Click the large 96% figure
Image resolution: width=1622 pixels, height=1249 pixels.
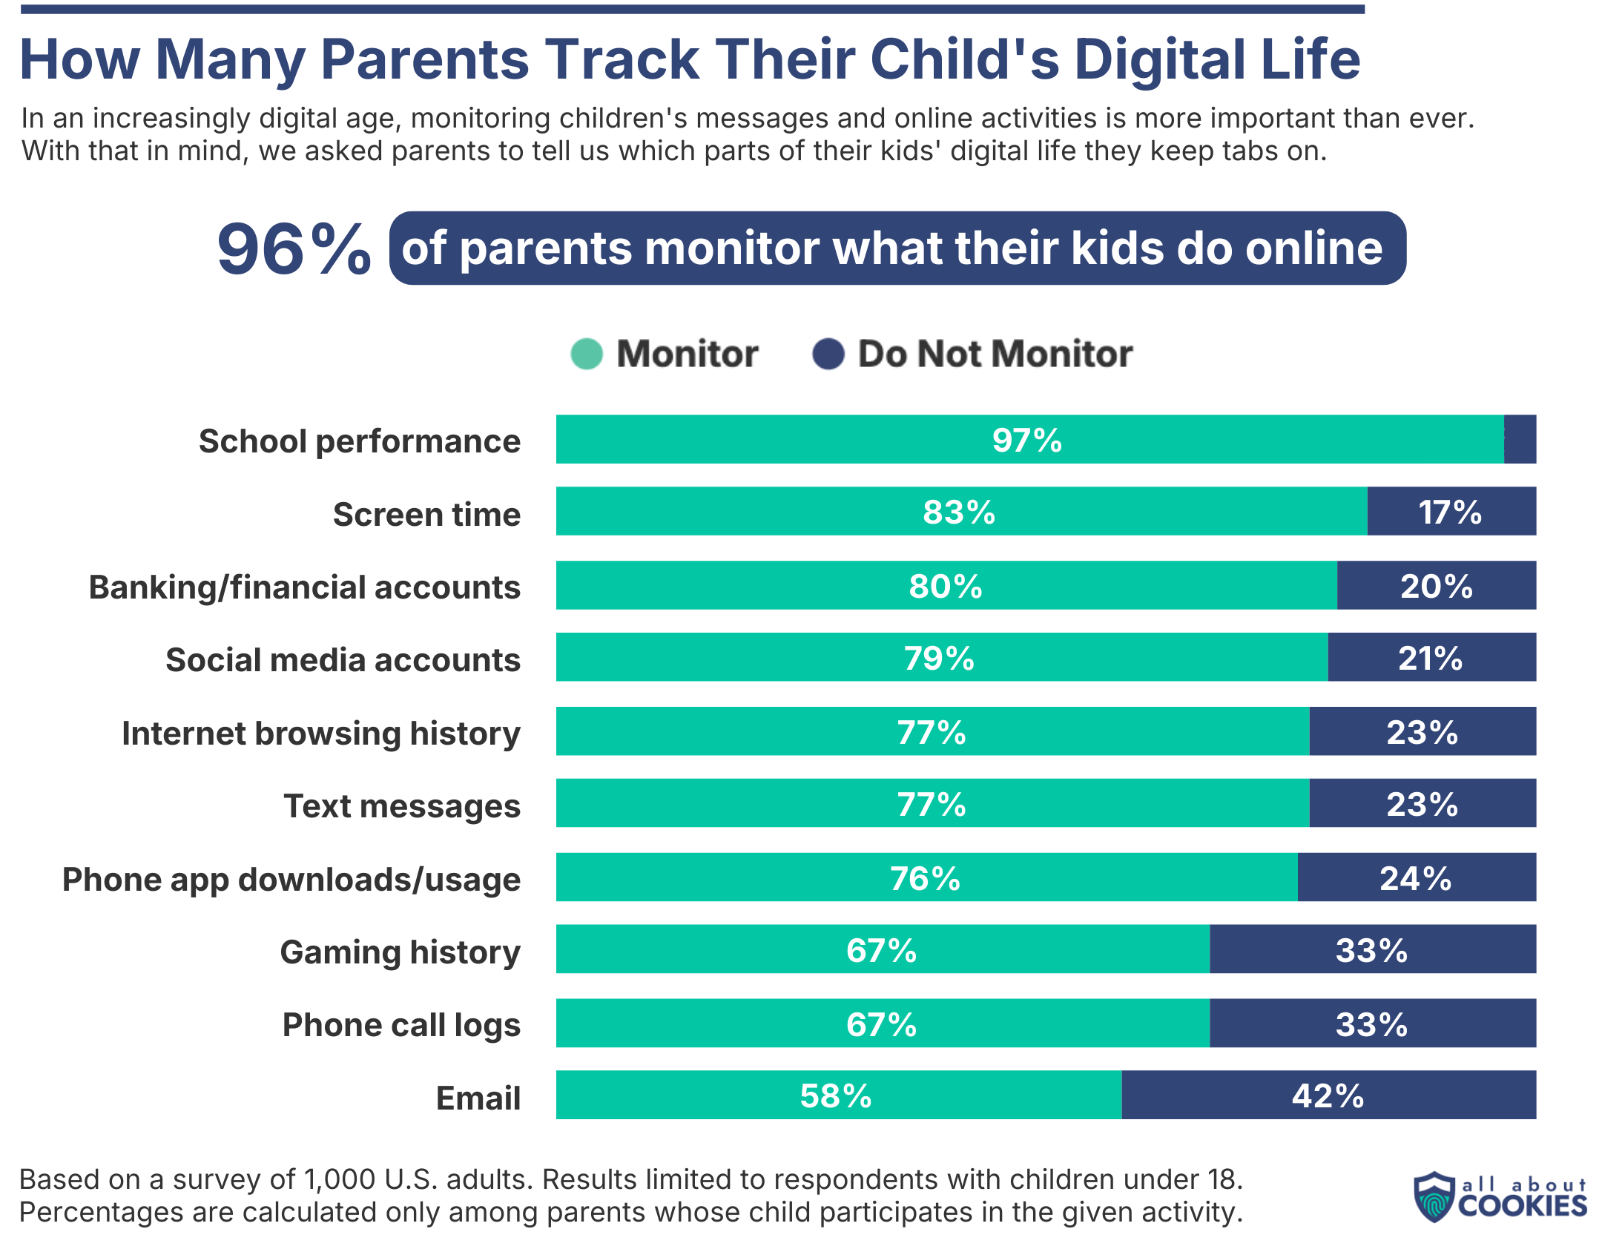(x=294, y=248)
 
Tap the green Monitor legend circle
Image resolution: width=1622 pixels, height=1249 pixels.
(x=586, y=354)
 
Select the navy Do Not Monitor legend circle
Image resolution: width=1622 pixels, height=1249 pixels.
(x=828, y=354)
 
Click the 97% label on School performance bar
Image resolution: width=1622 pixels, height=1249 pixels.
(x=1026, y=440)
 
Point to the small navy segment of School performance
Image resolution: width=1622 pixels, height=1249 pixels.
(x=1520, y=440)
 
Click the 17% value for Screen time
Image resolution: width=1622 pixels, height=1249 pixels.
(x=1449, y=512)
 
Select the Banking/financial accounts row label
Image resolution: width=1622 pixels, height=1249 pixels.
(x=305, y=587)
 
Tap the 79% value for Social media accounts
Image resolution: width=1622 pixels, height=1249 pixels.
(x=939, y=658)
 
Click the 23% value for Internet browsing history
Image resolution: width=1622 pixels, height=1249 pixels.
(x=1422, y=732)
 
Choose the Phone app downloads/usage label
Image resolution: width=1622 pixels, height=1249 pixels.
(x=291, y=879)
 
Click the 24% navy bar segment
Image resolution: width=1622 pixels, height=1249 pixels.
(x=1415, y=877)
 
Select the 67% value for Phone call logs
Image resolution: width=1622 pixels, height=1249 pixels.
(x=882, y=1024)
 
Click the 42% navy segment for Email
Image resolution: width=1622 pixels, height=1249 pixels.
(x=1327, y=1095)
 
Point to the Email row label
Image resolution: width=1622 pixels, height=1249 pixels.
(x=478, y=1098)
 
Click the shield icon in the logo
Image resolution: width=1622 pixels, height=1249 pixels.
(x=1434, y=1196)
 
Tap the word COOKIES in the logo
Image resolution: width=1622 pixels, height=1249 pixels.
(x=1522, y=1206)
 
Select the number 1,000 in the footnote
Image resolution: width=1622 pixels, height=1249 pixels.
(x=340, y=1179)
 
